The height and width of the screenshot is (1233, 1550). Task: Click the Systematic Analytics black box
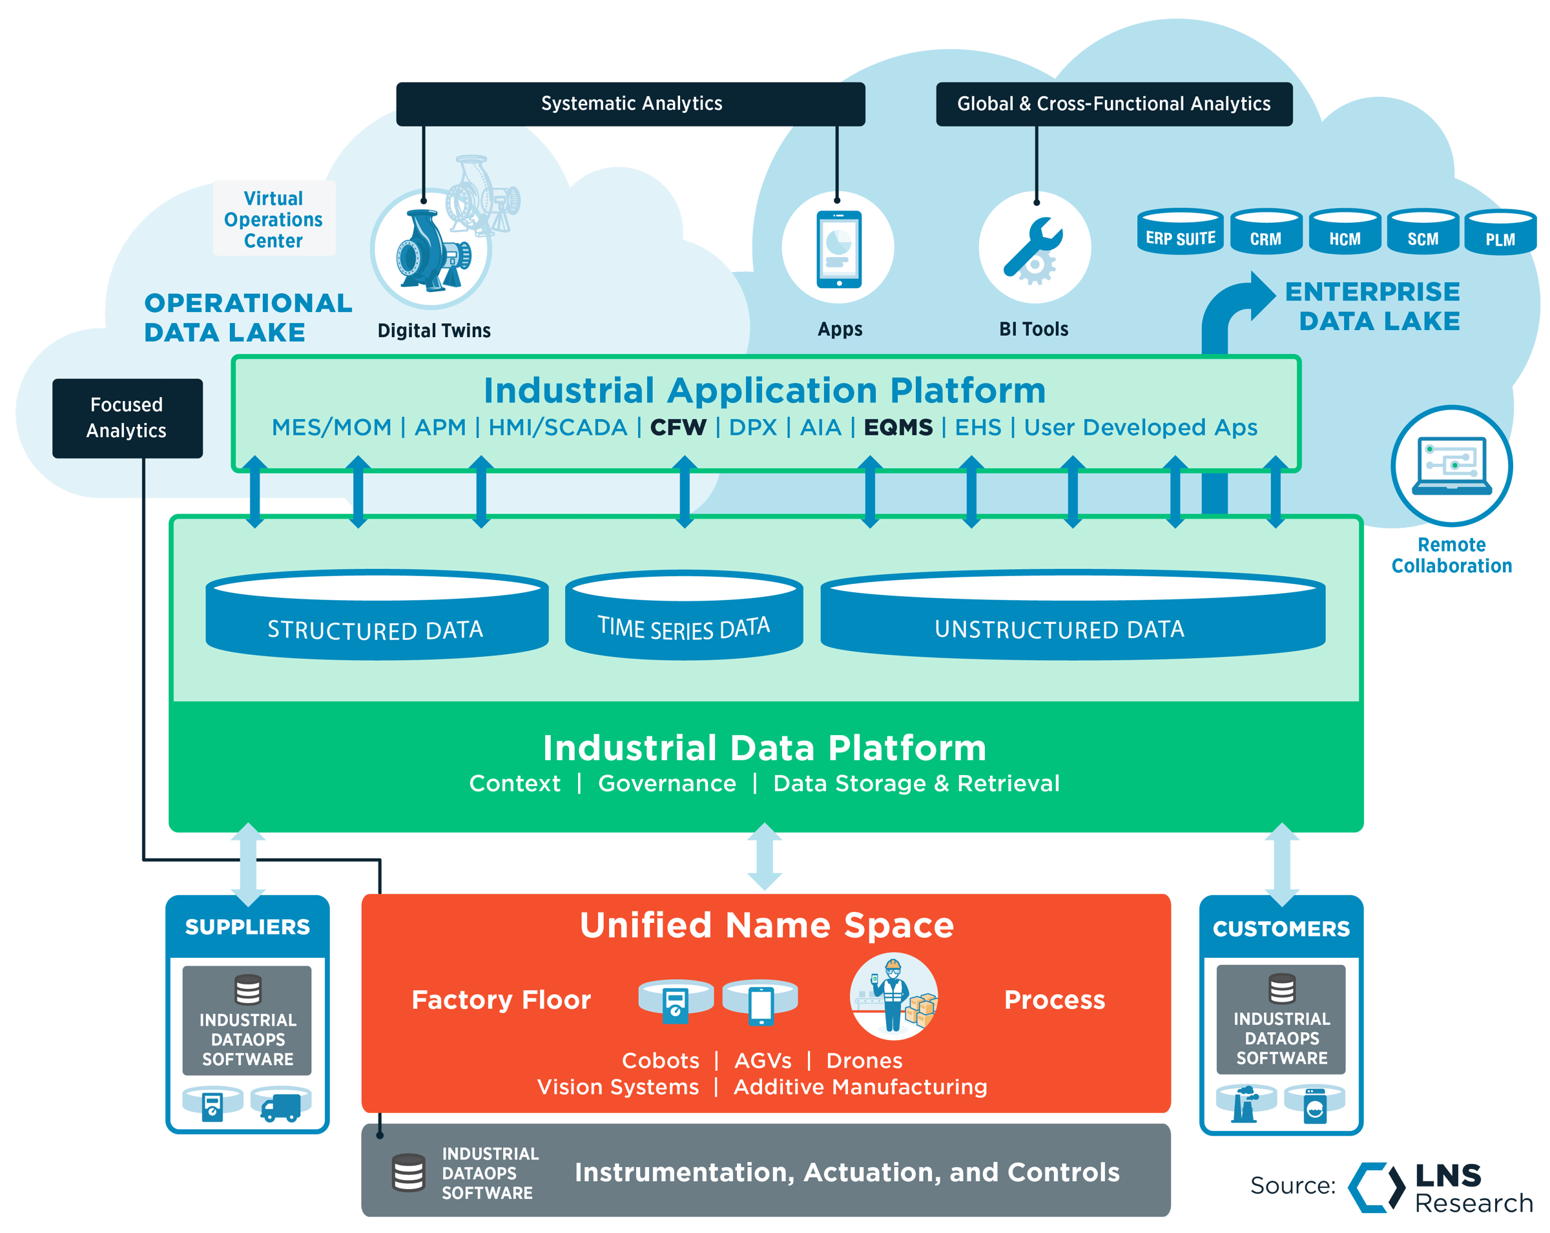tap(630, 104)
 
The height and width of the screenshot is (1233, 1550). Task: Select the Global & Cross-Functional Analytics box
tap(1113, 104)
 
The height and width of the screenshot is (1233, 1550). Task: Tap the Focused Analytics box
tap(127, 418)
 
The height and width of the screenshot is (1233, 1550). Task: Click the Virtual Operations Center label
tap(273, 220)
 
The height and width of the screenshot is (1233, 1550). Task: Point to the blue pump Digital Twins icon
tap(430, 251)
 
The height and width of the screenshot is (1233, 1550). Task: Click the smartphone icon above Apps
tap(838, 249)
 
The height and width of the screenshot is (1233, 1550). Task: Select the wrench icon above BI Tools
tap(1034, 249)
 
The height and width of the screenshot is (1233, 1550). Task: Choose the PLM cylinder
tap(1500, 233)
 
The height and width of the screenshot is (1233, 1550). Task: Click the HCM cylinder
tap(1345, 233)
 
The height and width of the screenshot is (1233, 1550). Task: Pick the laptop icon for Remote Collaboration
tap(1451, 466)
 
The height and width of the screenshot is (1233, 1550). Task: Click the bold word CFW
tap(678, 428)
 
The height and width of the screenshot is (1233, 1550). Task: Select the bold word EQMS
tap(898, 428)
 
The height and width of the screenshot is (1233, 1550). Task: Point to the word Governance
tap(667, 783)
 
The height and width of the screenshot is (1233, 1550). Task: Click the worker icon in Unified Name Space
tap(893, 997)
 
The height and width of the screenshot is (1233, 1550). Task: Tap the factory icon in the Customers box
tap(1245, 1104)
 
